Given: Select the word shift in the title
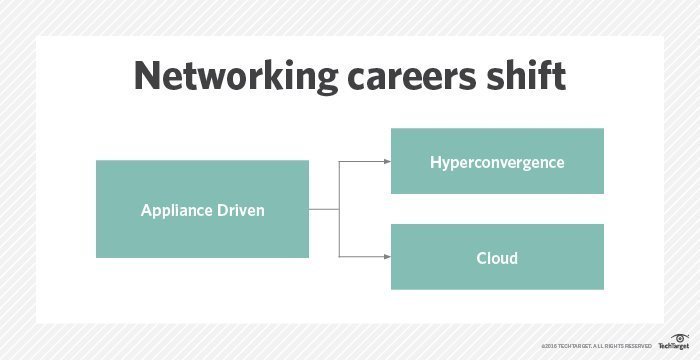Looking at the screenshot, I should click(x=529, y=78).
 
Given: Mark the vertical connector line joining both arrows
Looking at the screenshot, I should click(x=340, y=210).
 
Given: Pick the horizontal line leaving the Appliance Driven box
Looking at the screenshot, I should click(x=324, y=210).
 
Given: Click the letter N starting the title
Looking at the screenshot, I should click(x=147, y=78).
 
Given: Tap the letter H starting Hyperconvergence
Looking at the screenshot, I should click(x=436, y=161).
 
